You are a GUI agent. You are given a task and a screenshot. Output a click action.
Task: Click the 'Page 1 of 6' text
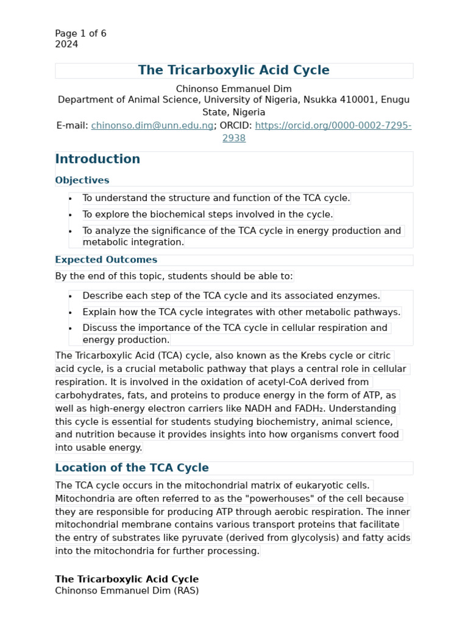point(80,34)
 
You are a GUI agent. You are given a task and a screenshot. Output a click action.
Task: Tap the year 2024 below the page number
point(66,44)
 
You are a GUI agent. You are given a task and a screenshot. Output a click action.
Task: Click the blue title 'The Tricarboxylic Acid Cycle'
point(233,70)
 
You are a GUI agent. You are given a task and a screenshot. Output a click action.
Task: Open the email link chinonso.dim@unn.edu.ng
point(152,126)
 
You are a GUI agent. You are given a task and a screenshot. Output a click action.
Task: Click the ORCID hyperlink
point(333,126)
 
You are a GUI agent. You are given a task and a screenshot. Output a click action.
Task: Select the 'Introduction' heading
point(97,159)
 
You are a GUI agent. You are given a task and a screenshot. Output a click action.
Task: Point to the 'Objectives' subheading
point(82,180)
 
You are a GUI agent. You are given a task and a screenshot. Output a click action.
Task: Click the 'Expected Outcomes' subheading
point(106,260)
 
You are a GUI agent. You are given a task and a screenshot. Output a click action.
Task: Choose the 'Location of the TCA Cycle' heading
point(132,468)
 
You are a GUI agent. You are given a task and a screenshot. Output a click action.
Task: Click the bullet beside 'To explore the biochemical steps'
point(71,214)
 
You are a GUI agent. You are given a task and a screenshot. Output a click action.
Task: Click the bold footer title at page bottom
point(127,580)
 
